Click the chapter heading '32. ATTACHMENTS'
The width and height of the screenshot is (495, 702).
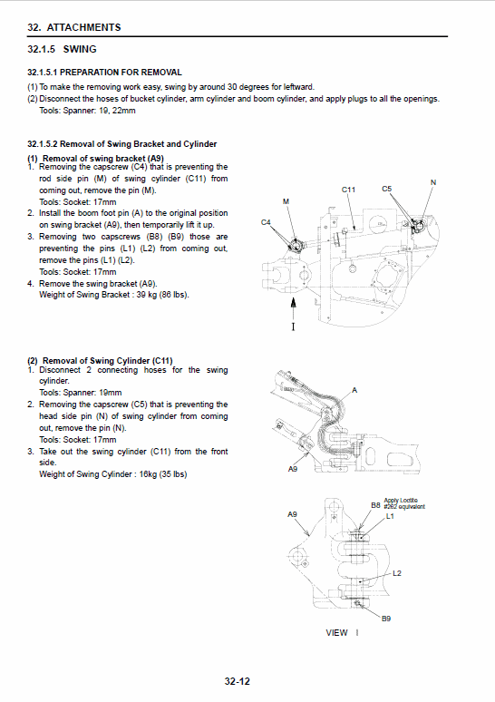tap(73, 27)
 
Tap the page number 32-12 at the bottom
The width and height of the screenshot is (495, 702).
tap(238, 682)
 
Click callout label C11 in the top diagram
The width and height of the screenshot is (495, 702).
tap(349, 190)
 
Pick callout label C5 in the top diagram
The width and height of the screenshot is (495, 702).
tap(387, 189)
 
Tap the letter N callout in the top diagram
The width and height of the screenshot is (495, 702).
tap(432, 182)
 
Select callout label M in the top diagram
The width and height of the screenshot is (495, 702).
tap(286, 200)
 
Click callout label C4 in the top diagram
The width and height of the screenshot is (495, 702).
tap(266, 221)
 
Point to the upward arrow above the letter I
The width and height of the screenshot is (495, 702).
tap(293, 304)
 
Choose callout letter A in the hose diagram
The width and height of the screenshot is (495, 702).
tap(354, 389)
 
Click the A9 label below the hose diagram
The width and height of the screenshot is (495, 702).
tap(293, 469)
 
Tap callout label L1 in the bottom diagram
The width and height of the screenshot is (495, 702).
tap(391, 516)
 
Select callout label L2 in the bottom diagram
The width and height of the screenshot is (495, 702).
tap(397, 573)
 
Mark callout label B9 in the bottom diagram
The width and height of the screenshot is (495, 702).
tap(385, 618)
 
